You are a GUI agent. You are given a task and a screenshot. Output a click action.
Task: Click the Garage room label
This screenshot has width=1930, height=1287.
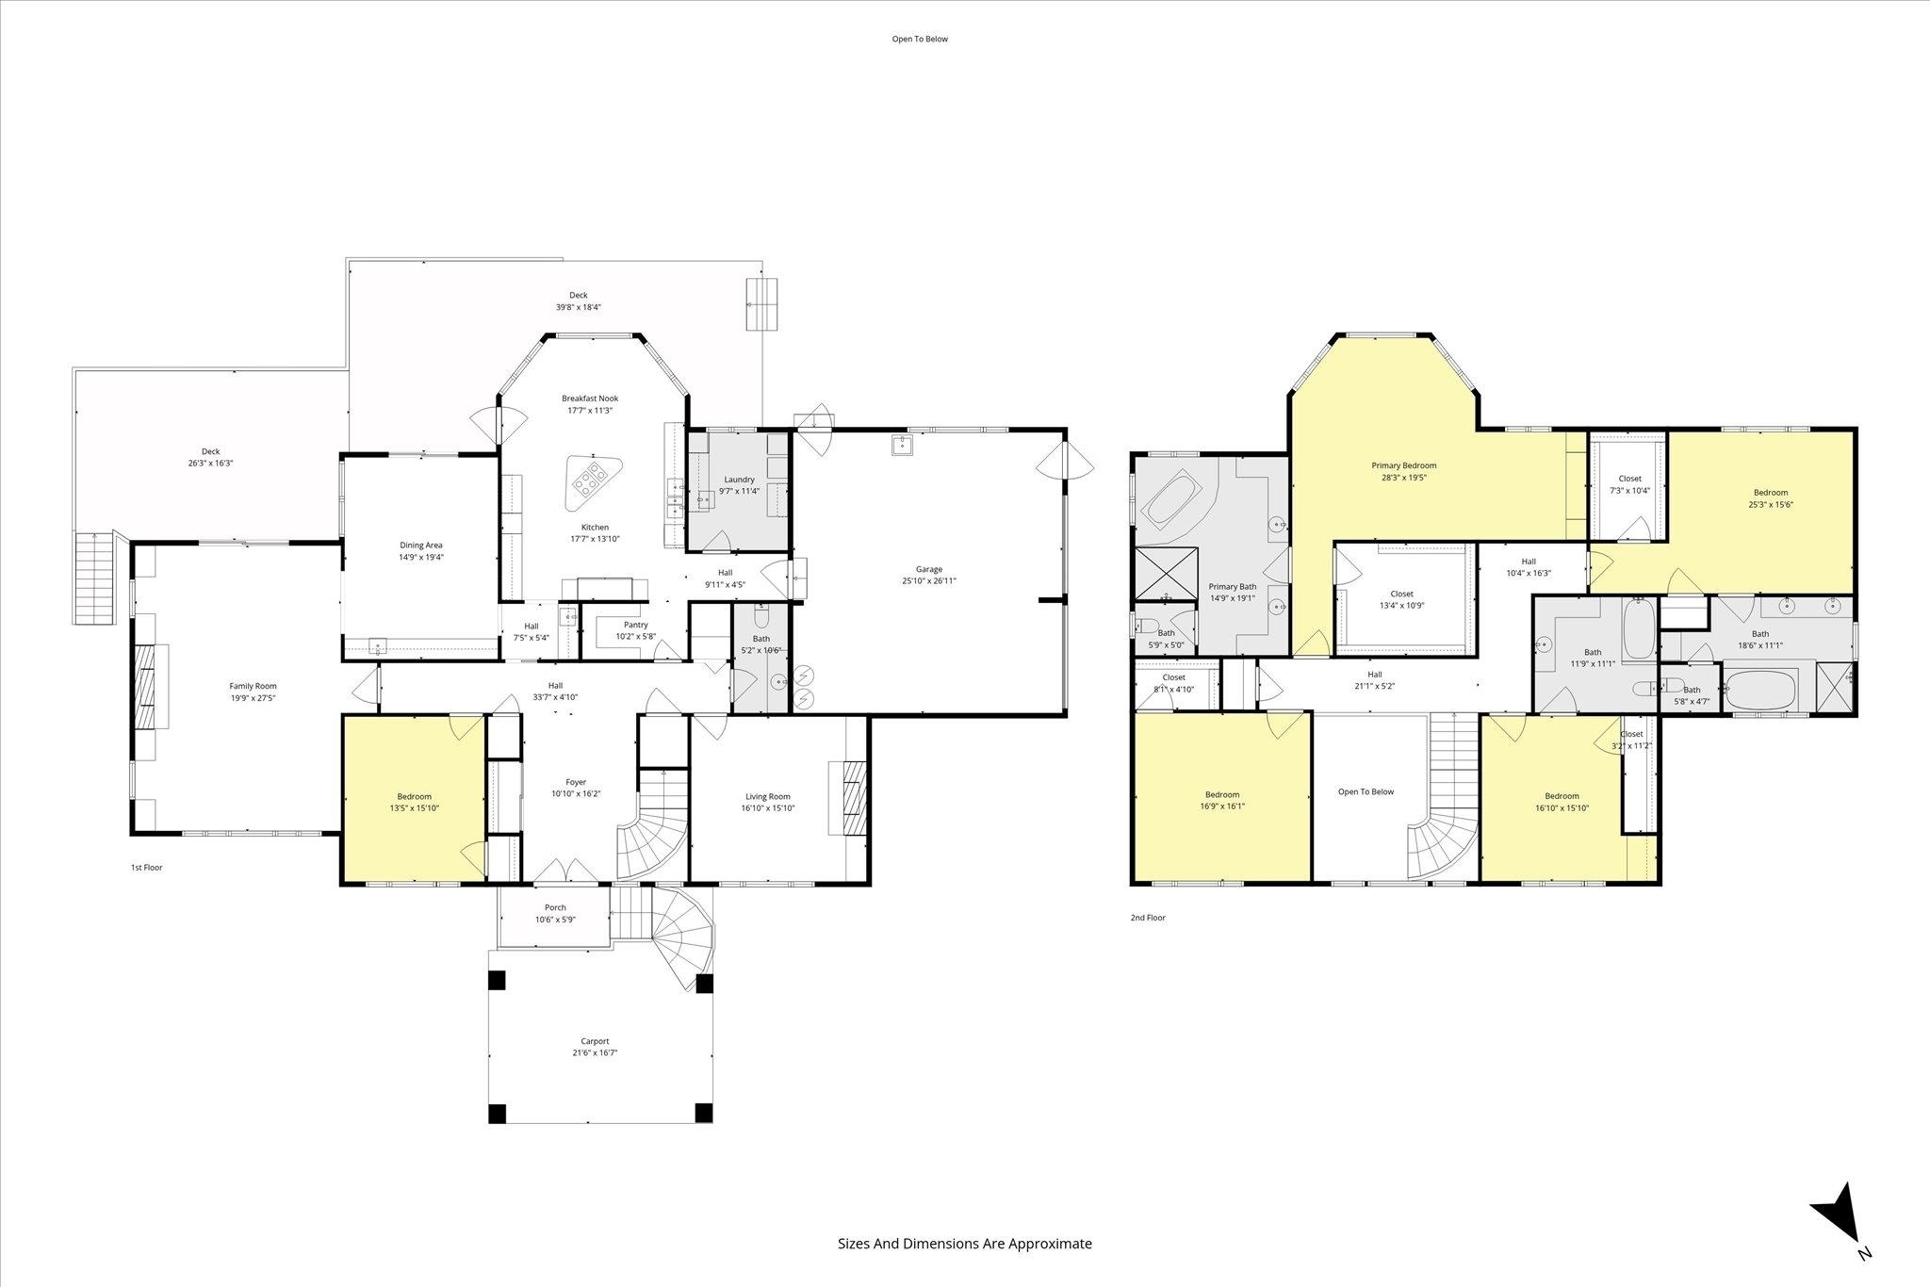928,569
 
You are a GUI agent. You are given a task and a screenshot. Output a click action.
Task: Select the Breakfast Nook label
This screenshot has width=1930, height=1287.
590,399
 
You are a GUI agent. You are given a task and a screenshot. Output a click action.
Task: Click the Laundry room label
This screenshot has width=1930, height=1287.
739,480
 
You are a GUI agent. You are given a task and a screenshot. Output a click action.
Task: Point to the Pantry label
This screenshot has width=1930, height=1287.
635,625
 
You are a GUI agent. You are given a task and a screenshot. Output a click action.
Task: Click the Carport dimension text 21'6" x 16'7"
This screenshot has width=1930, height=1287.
594,1053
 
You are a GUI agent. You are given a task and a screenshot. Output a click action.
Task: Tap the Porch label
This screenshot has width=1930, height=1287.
555,907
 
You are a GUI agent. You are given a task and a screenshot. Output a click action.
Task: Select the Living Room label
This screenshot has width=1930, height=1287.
767,796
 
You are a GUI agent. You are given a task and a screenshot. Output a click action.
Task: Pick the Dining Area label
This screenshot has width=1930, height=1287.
421,545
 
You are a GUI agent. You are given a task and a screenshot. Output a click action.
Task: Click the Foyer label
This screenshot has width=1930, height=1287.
576,782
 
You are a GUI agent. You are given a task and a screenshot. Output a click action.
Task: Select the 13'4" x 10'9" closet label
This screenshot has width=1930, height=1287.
1401,606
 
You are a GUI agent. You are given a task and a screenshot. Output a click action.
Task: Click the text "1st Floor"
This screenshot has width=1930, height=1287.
146,868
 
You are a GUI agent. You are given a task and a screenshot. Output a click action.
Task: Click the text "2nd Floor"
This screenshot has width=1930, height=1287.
1148,918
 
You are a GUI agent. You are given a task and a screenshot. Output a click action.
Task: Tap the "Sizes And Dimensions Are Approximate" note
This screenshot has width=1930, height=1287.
965,1243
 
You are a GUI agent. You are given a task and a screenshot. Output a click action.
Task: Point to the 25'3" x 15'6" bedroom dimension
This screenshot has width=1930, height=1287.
1770,504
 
